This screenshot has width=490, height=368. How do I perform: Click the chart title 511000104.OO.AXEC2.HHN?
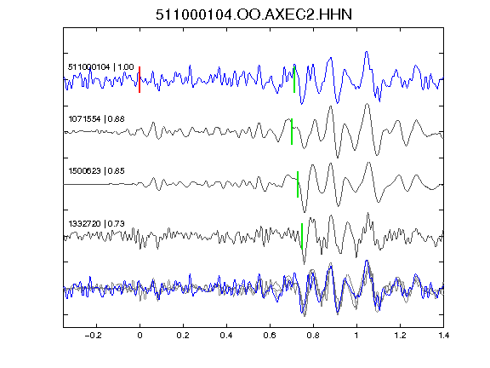click(254, 14)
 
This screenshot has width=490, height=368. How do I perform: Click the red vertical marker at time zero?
click(140, 79)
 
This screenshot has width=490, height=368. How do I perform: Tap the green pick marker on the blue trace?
click(294, 79)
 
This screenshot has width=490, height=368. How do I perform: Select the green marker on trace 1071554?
click(292, 131)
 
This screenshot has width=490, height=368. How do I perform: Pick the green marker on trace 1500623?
click(298, 184)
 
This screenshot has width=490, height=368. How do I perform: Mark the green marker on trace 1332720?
click(302, 236)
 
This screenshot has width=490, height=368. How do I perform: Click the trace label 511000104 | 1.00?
click(101, 67)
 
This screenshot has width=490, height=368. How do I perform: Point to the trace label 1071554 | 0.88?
click(97, 119)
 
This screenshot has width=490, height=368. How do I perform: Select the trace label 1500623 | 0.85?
click(97, 171)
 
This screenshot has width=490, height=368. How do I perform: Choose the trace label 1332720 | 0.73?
click(97, 224)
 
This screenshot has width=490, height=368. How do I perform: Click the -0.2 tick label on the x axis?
click(94, 336)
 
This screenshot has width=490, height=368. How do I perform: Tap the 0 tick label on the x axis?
click(140, 336)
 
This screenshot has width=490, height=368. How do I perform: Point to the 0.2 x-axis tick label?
click(183, 336)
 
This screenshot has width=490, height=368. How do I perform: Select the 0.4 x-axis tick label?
click(226, 336)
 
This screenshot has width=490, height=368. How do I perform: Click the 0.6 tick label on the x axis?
click(270, 336)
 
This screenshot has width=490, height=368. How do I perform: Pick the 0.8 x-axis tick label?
click(313, 336)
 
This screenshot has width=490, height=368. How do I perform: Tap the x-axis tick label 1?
click(356, 336)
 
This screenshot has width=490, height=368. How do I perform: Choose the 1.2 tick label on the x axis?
click(400, 336)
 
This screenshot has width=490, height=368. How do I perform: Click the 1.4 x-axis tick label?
click(443, 336)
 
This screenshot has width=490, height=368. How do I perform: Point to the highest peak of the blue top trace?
click(367, 52)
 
